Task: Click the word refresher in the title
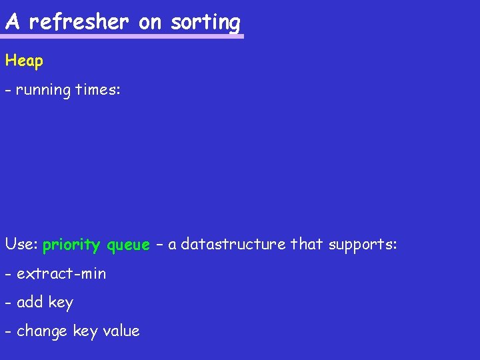pyautogui.click(x=79, y=22)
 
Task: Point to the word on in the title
pyautogui.click(x=150, y=22)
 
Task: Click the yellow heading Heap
pyautogui.click(x=24, y=61)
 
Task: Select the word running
pyautogui.click(x=43, y=90)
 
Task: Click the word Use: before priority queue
pyautogui.click(x=21, y=245)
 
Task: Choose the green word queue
pyautogui.click(x=128, y=245)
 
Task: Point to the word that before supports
pyautogui.click(x=306, y=245)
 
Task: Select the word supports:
pyautogui.click(x=362, y=245)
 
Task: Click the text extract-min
pyautogui.click(x=61, y=273)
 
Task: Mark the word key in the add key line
pyautogui.click(x=61, y=303)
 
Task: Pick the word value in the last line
pyautogui.click(x=119, y=331)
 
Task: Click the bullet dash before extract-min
pyautogui.click(x=8, y=274)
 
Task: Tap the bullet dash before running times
pyautogui.click(x=8, y=90)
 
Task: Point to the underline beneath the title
pyautogui.click(x=124, y=36)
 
